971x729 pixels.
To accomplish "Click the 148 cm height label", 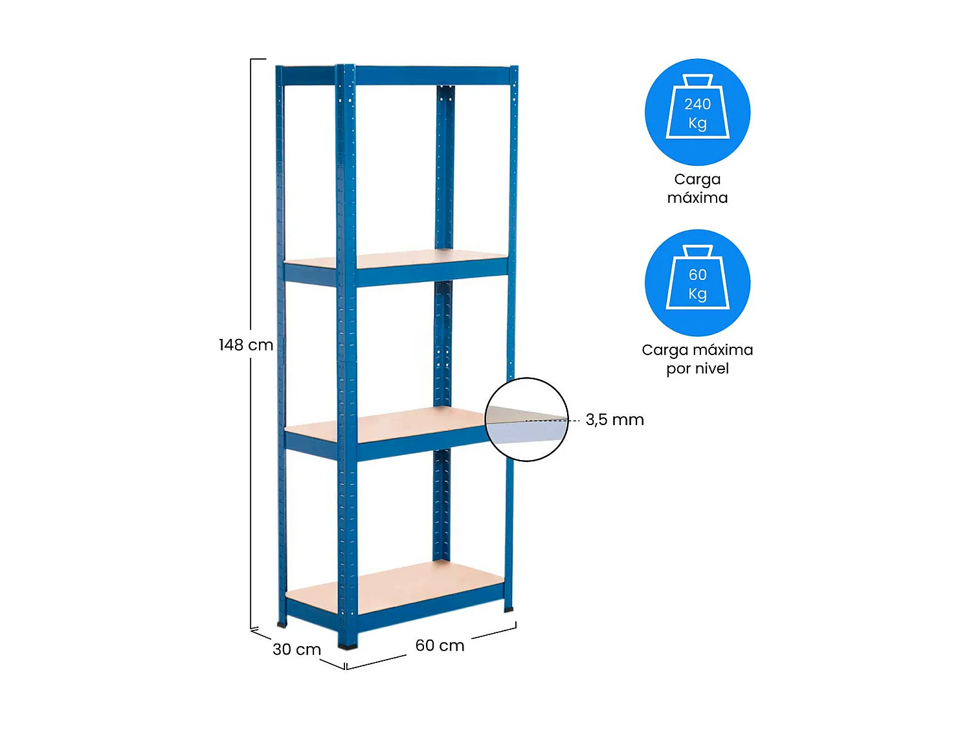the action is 245,345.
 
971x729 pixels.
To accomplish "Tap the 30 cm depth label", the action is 296,649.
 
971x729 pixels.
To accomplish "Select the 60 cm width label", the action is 440,645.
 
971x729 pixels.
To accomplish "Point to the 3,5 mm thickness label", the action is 614,420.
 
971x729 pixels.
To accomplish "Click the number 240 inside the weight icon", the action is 697,104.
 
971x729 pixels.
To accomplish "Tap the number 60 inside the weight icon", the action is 697,275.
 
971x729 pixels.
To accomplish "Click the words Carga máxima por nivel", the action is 697,359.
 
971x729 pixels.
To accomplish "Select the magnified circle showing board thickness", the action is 526,419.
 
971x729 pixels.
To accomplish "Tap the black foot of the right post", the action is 509,609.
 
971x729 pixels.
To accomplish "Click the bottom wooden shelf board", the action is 395,586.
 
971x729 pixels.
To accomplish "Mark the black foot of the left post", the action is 282,624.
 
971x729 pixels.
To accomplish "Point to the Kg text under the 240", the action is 697,123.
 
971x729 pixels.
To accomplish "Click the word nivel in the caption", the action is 711,369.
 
